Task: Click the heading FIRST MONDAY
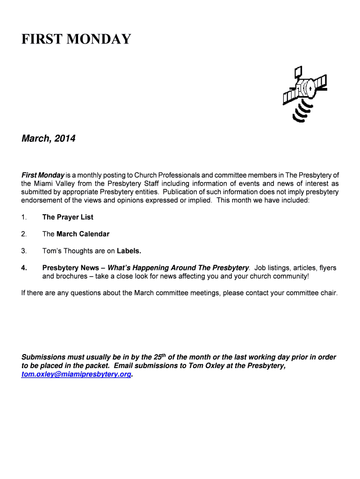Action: [x=76, y=39]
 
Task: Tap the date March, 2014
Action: [x=48, y=139]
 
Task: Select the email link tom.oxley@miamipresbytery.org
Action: [x=77, y=375]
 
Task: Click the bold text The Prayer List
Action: [x=68, y=217]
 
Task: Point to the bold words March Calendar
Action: [x=83, y=234]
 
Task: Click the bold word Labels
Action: [x=129, y=251]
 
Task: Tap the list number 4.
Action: [x=24, y=268]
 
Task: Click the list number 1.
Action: [x=24, y=217]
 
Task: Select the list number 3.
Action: [x=24, y=251]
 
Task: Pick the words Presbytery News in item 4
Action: [x=71, y=268]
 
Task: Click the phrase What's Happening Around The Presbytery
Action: [x=178, y=268]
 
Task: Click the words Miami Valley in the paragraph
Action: [x=55, y=183]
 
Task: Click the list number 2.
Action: [x=24, y=234]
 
